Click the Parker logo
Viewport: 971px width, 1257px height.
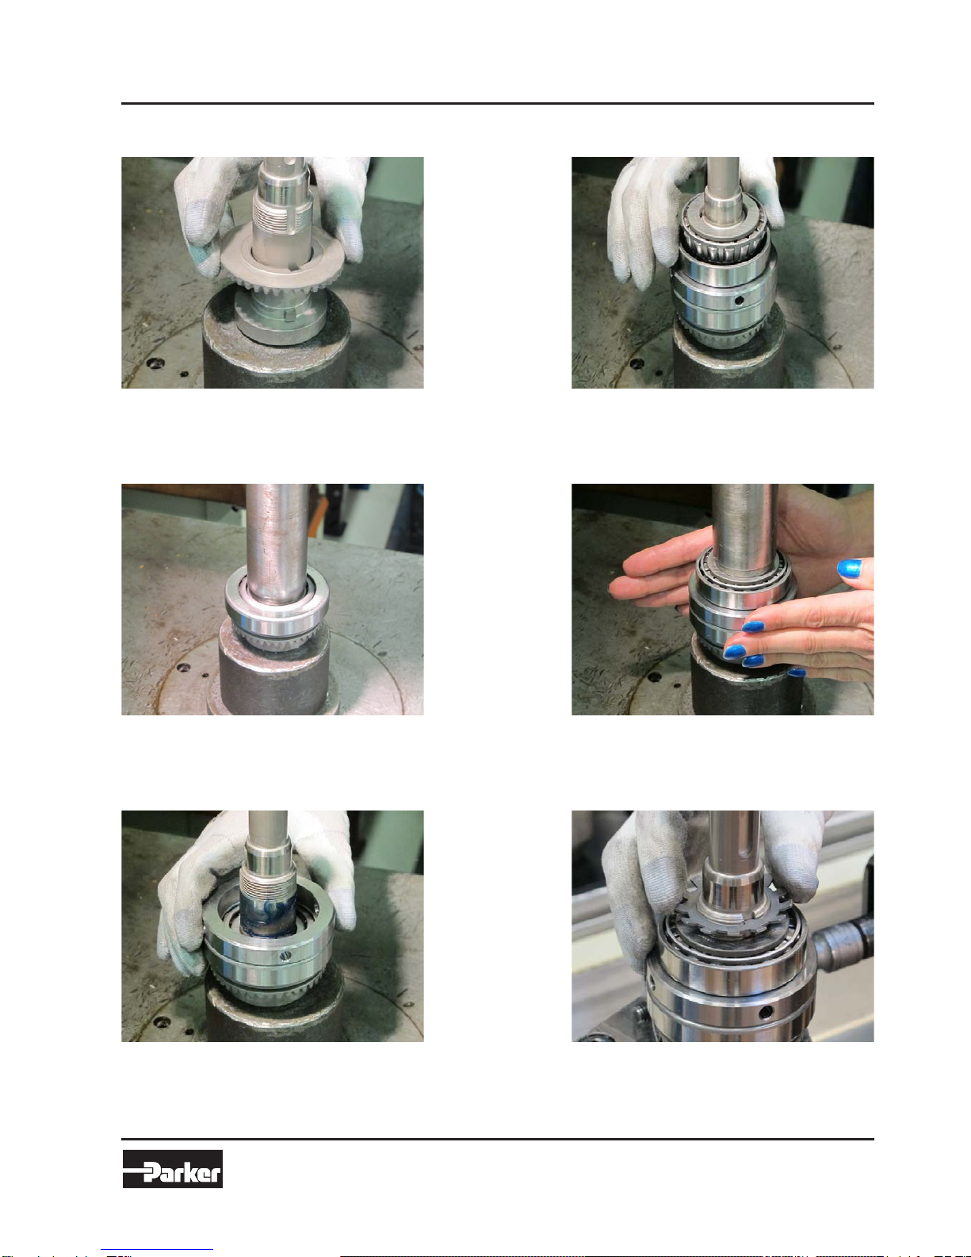(x=172, y=1168)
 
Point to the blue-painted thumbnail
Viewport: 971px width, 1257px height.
(x=850, y=568)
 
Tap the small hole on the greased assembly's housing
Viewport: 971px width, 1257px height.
(x=285, y=956)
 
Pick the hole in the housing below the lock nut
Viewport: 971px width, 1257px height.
(x=766, y=1012)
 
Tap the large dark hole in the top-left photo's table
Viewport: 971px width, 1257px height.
(x=155, y=363)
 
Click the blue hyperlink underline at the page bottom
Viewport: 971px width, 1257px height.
(x=157, y=1251)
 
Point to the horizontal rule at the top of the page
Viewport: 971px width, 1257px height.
(x=497, y=104)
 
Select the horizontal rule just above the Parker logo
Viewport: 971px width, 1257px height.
(x=497, y=1139)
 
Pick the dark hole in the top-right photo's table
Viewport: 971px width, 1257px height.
(x=637, y=364)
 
